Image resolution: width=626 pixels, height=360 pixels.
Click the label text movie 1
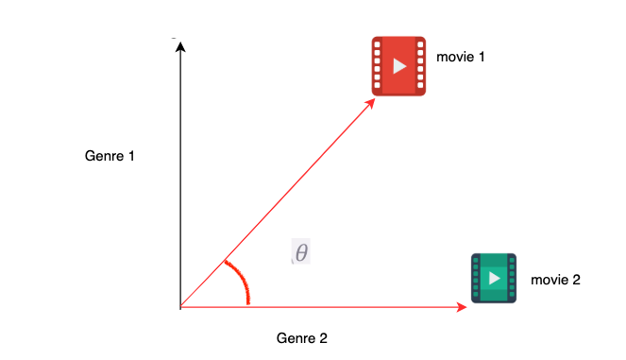tap(460, 58)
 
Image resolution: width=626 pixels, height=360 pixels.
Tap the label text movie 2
tap(555, 280)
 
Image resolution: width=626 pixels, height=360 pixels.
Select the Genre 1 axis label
tap(110, 155)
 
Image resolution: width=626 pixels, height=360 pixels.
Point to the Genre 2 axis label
tap(301, 337)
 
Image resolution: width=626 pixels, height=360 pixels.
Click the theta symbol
tap(301, 252)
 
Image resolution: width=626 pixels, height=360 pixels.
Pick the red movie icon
tap(398, 66)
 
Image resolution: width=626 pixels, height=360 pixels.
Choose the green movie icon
tap(494, 278)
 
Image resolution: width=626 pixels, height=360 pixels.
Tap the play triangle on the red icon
tap(399, 66)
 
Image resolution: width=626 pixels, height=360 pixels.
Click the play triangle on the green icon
tap(494, 279)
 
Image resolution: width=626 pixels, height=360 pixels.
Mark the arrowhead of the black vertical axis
tap(179, 45)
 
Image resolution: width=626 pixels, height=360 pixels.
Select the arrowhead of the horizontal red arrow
tap(462, 307)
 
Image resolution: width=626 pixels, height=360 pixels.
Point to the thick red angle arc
tap(241, 281)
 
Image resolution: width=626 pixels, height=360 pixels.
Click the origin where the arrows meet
tap(180, 307)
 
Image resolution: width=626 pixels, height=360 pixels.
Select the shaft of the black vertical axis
tap(179, 180)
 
